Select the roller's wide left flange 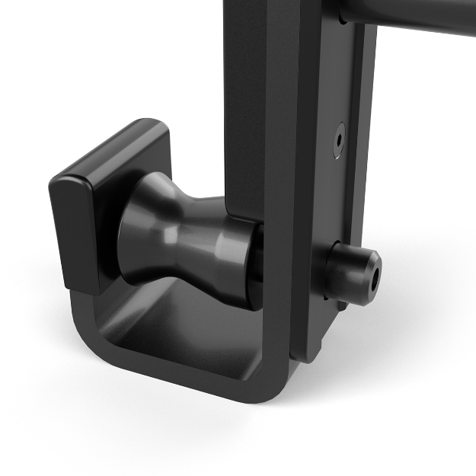point(141,228)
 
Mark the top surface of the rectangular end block point(114,152)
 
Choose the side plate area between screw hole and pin point(343,198)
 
